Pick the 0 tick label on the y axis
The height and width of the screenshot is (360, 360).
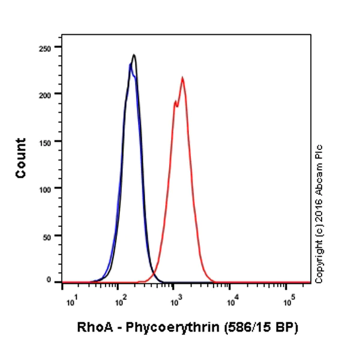coord(50,280)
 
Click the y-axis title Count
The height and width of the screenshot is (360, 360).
coord(21,158)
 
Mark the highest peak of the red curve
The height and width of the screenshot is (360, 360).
coord(182,77)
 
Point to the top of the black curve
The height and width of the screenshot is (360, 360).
coord(134,55)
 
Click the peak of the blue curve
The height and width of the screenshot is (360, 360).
coord(130,64)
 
